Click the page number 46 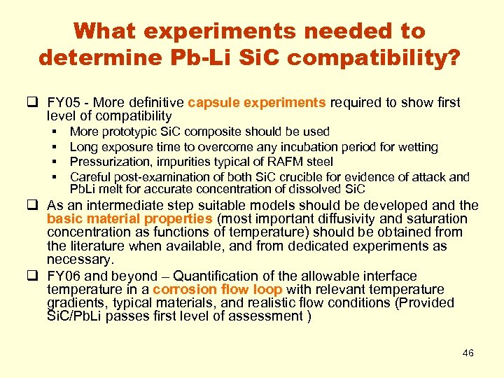[468, 353]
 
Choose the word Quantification [213, 276]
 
